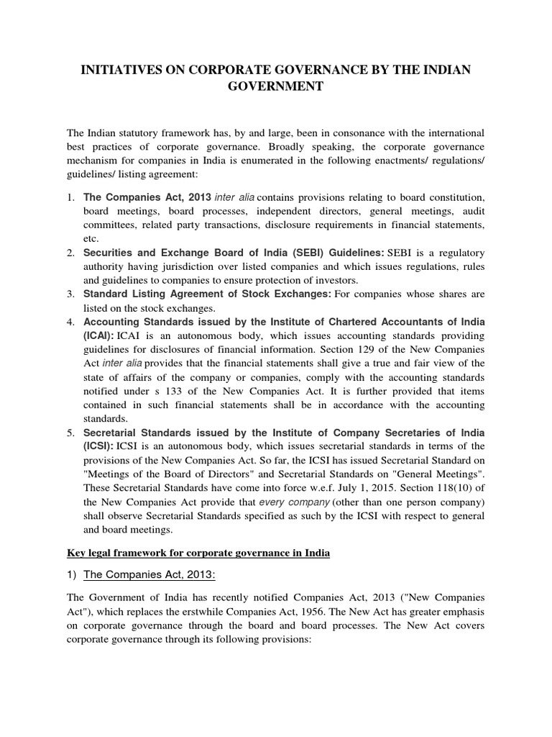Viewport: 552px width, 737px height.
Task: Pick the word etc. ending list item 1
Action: (x=91, y=238)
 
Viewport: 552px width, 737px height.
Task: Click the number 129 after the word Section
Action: (x=374, y=349)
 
